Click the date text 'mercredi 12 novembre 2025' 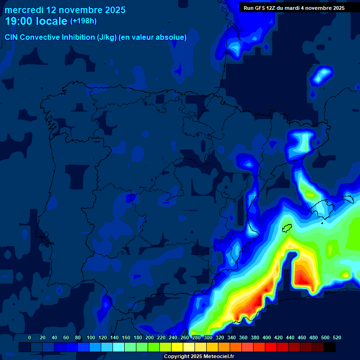coord(65,10)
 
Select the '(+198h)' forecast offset coord(83,21)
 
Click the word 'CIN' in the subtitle coord(12,37)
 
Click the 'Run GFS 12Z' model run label coord(262,8)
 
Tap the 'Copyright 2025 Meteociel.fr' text coord(199,356)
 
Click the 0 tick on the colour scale coord(30,337)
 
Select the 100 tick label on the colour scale coord(91,337)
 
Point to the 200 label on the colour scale coord(150,337)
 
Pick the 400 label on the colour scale coord(267,337)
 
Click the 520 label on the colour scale coord(337,337)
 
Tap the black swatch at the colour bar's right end coord(330,347)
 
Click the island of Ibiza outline coord(287,228)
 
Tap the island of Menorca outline coord(347,199)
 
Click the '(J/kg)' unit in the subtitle coord(106,37)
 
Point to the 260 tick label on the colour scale coord(185,337)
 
